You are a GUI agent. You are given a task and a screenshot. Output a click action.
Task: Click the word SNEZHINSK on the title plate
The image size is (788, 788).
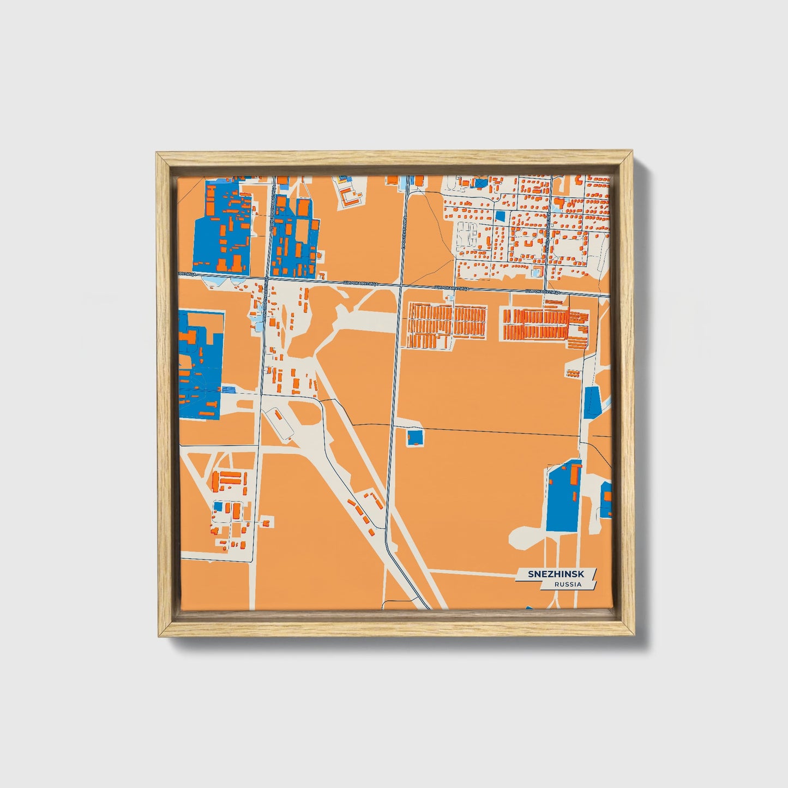[555, 574]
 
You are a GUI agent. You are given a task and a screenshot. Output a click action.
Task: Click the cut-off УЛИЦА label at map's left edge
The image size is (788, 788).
[187, 274]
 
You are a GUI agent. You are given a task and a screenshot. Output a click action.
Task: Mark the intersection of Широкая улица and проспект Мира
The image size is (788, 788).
[401, 285]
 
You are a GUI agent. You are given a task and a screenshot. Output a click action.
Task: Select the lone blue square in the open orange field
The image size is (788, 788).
[415, 437]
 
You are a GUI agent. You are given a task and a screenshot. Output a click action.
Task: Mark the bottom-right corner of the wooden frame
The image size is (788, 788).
[635, 637]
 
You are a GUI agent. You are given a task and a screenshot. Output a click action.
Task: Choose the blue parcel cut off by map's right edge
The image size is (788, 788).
[606, 500]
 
